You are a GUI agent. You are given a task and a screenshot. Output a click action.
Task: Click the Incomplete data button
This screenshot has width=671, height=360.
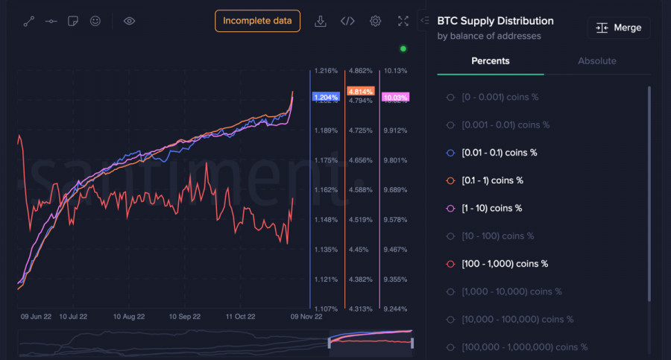[x=257, y=21]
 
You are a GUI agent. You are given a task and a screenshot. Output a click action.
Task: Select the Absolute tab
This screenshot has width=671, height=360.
[x=597, y=61]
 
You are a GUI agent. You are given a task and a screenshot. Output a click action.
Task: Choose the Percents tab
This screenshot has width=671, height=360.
[x=491, y=61]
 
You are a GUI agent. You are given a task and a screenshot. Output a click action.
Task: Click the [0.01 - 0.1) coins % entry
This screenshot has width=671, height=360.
[x=500, y=153]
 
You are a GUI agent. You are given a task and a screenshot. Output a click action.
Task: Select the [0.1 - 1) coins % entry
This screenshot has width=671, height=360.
[x=493, y=180]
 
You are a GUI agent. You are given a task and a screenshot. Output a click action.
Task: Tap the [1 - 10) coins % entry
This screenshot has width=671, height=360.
[x=491, y=208]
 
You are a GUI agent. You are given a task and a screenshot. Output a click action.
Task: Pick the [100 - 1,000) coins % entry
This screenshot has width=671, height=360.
[x=505, y=264]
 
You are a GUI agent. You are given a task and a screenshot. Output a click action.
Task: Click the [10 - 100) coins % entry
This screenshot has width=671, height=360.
[x=498, y=236]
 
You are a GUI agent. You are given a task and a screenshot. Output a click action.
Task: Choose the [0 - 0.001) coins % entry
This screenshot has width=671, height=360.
[x=500, y=97]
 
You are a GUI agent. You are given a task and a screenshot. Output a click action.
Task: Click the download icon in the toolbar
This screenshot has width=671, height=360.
[x=321, y=21]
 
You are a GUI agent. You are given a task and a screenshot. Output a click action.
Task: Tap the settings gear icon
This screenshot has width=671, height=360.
[x=376, y=21]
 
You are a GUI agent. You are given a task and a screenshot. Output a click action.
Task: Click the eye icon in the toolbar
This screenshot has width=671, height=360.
[x=129, y=21]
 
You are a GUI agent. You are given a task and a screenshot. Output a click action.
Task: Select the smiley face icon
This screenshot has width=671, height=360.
[x=95, y=21]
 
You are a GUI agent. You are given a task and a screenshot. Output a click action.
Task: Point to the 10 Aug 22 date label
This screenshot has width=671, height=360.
[x=129, y=317]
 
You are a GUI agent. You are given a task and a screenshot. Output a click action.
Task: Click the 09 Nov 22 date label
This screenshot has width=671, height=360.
[x=306, y=317]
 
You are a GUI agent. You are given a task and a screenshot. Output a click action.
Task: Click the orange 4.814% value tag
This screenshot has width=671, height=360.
[x=361, y=92]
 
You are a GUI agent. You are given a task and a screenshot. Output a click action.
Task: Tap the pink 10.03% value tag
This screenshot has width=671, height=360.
[x=394, y=98]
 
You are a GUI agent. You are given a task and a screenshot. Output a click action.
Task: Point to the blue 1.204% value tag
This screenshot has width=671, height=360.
[x=326, y=98]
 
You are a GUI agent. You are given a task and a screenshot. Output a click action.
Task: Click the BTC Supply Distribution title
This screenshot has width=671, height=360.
[x=495, y=21]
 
